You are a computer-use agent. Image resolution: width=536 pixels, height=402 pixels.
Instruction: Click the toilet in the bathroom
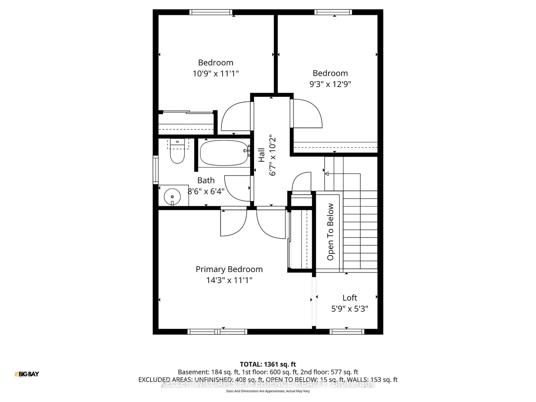pos(177,153)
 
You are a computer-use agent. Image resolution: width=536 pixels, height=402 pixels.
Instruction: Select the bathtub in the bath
pos(224,153)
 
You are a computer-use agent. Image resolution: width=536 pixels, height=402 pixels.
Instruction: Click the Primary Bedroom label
pos(229,269)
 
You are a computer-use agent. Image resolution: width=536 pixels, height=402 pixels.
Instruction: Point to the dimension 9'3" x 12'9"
pos(330,84)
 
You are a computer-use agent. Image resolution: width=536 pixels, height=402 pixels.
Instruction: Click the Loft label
pos(350,298)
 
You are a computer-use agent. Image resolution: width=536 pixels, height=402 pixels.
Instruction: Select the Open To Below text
pos(330,232)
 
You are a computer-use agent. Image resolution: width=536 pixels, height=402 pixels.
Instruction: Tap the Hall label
pos(261,155)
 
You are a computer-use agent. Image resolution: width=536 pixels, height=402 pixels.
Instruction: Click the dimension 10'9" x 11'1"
pos(216,73)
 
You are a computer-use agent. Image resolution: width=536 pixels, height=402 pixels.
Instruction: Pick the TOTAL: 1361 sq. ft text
pos(268,364)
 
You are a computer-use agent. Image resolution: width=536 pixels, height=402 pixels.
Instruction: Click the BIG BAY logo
pos(27,374)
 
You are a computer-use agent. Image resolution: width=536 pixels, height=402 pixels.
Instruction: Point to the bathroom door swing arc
pos(236,188)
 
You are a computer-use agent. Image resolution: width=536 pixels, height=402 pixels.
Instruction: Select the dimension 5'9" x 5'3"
pos(350,308)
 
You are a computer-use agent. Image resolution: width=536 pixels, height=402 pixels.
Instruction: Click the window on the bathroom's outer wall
pos(155,169)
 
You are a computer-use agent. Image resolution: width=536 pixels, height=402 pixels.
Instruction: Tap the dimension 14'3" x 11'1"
pos(229,280)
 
